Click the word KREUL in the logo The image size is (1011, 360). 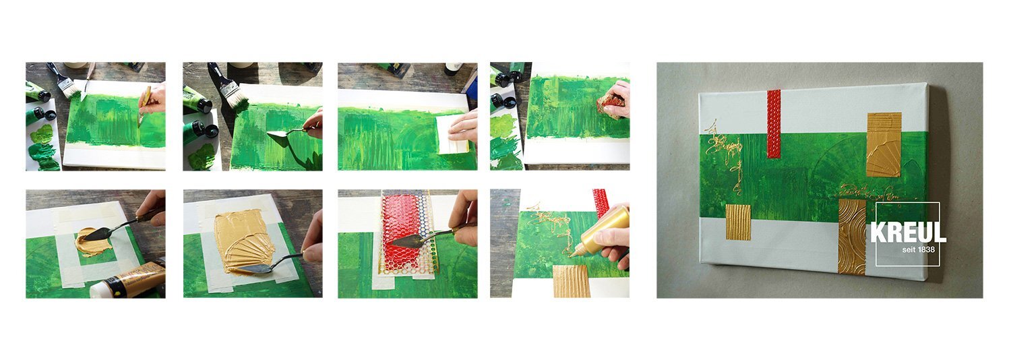(908, 233)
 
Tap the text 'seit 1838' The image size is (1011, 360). (919, 250)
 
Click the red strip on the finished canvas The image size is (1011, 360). (774, 124)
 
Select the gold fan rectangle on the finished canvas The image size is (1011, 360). (884, 144)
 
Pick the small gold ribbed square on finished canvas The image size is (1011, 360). (738, 222)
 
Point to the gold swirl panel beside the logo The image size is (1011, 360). (852, 236)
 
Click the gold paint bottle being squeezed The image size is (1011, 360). (603, 233)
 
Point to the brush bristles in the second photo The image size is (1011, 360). (236, 96)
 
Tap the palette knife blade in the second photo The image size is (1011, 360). (276, 136)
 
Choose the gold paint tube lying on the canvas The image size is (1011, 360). (128, 280)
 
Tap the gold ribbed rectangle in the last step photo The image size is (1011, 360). (571, 281)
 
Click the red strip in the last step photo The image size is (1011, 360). (601, 204)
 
